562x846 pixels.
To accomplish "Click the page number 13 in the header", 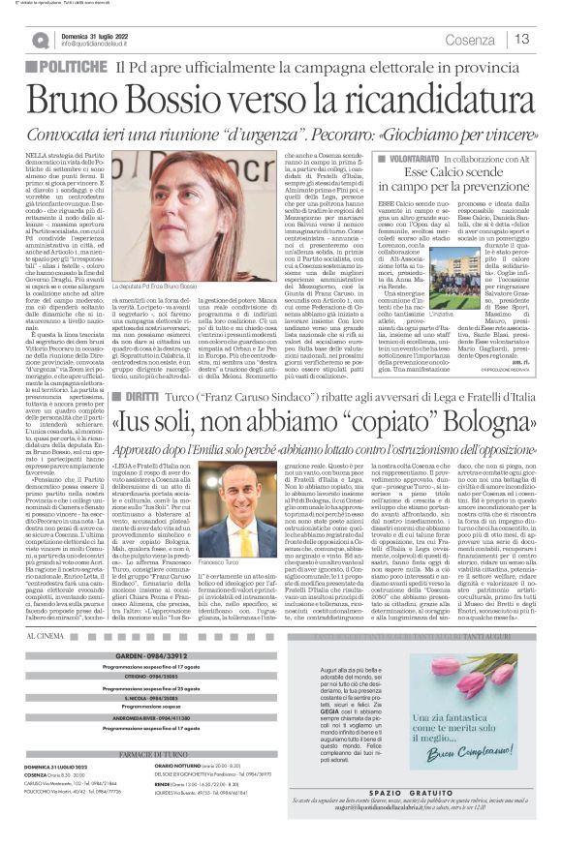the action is (522, 39).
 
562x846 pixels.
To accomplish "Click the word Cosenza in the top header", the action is (469, 40).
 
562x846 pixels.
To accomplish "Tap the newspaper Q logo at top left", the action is (40, 40).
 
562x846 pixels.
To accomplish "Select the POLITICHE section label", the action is (69, 67).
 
